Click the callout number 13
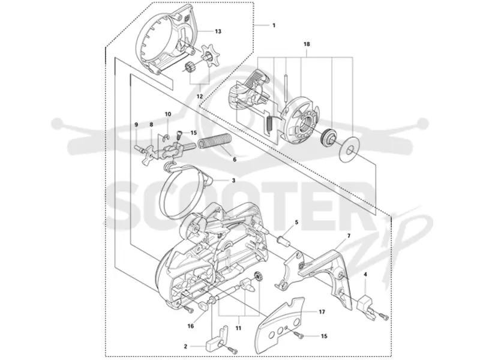coord(218,31)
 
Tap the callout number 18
coord(307,44)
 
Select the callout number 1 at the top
coord(274,25)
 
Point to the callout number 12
coord(200,97)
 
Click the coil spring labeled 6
coord(216,142)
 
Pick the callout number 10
coord(168,114)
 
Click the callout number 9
coord(137,125)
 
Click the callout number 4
coord(365,275)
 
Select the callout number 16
coord(190,326)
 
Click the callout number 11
coord(238,328)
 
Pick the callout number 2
coord(185,347)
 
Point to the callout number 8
coord(151,125)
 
